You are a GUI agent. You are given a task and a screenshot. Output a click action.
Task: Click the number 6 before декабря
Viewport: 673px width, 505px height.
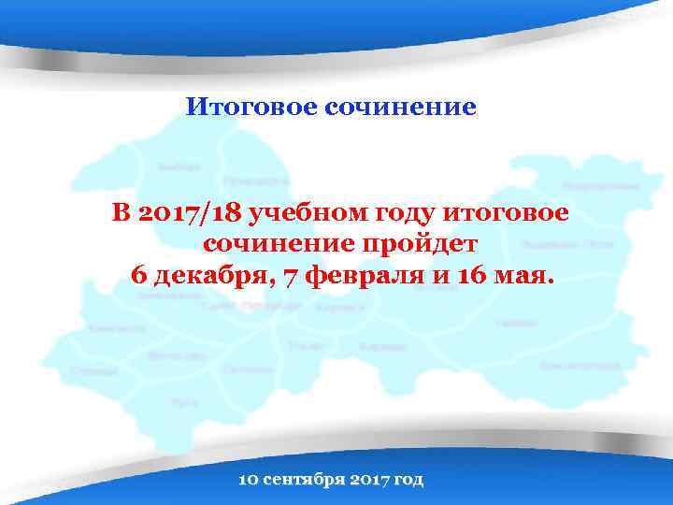[139, 276]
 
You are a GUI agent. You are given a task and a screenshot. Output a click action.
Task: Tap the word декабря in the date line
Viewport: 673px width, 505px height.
[200, 276]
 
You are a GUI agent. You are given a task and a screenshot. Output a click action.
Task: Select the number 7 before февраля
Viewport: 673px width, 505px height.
[267, 276]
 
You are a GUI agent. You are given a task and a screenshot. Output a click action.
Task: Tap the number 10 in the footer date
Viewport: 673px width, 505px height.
[249, 480]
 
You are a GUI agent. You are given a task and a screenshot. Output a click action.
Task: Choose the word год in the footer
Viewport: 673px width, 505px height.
[408, 480]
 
